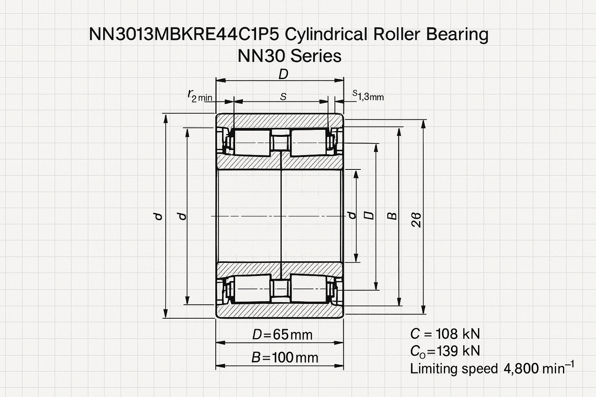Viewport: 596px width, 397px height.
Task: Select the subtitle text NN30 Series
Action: pos(289,56)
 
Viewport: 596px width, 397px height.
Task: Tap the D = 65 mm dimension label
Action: pos(283,334)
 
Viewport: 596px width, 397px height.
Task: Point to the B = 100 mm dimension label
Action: pos(285,357)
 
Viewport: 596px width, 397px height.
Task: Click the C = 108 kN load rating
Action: pos(445,334)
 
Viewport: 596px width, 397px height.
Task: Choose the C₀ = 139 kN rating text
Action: pos(445,351)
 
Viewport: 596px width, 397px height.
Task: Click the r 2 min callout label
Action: pos(200,96)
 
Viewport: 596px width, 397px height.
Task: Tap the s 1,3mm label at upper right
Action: pos(368,96)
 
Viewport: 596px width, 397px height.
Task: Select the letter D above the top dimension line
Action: pos(283,74)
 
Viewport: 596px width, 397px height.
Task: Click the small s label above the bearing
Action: pos(283,97)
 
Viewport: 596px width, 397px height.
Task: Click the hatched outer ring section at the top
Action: pos(280,120)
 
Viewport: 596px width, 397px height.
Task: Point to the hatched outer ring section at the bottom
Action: pos(280,311)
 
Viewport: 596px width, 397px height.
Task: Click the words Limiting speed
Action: pos(454,368)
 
